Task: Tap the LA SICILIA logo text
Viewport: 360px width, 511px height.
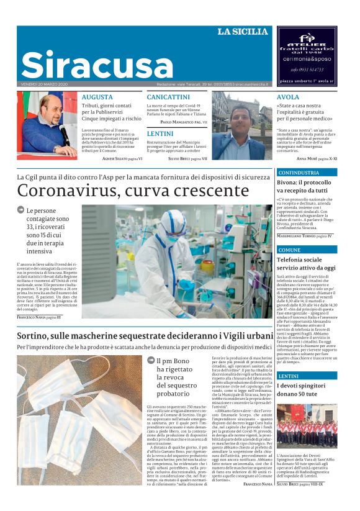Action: click(x=243, y=32)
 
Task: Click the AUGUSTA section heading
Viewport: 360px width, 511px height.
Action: click(x=97, y=97)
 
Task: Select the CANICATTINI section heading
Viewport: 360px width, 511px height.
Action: click(x=168, y=97)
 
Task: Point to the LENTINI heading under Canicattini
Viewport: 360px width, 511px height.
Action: click(x=160, y=133)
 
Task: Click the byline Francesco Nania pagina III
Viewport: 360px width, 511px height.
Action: click(x=39, y=317)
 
